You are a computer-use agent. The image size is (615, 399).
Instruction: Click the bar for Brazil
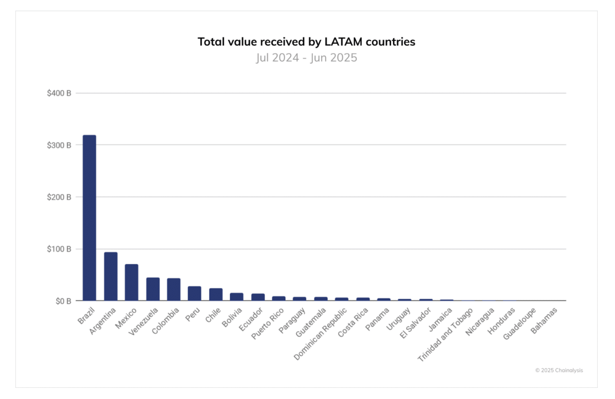click(x=89, y=218)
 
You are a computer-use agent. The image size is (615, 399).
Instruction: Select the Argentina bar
click(x=111, y=276)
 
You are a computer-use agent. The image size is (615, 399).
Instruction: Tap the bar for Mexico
click(x=131, y=282)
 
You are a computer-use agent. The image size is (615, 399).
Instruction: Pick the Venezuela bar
click(x=153, y=289)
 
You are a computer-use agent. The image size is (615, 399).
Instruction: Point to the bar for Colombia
click(x=174, y=289)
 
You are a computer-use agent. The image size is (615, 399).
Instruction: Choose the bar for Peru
click(x=194, y=293)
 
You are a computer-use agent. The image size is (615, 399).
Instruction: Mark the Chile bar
click(x=215, y=294)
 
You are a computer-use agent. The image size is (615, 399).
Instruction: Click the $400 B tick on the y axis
click(x=59, y=93)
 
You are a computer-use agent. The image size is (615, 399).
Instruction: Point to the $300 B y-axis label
click(x=59, y=145)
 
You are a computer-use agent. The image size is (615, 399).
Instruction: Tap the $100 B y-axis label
click(x=59, y=249)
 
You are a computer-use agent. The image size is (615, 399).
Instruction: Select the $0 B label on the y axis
click(x=62, y=301)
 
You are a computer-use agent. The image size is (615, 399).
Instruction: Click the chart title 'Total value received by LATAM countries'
click(x=306, y=42)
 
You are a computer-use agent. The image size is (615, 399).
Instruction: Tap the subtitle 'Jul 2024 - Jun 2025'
click(x=306, y=58)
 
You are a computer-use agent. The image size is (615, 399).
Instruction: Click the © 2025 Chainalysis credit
click(x=559, y=370)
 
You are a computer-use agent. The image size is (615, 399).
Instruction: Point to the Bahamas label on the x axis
click(x=545, y=320)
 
